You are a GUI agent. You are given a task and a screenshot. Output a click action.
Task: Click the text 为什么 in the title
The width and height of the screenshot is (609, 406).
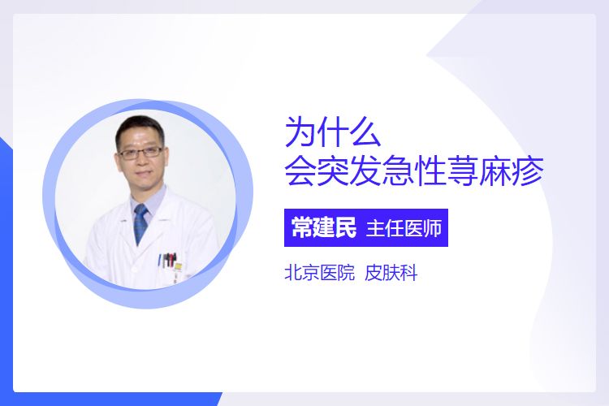click(333, 132)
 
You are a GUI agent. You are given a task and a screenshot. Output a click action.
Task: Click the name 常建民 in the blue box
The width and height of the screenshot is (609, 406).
click(323, 227)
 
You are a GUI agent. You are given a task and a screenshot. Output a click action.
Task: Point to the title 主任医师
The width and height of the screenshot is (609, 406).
click(404, 228)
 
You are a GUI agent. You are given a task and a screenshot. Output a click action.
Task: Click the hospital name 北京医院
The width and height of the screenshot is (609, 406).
click(320, 273)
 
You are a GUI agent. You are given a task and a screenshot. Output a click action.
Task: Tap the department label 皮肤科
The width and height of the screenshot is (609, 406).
click(391, 273)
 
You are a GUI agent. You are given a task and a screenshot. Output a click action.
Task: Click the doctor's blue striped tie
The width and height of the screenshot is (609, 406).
click(140, 224)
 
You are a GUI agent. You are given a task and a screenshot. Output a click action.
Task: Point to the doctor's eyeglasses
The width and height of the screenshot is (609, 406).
click(140, 152)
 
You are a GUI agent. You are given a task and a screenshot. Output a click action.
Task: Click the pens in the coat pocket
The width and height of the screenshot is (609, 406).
click(168, 260)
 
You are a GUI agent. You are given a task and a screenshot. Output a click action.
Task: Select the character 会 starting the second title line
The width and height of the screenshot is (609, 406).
click(301, 171)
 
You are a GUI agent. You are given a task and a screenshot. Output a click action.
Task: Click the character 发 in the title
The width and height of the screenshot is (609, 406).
click(365, 171)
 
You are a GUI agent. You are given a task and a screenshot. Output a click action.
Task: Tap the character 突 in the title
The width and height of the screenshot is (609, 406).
click(333, 171)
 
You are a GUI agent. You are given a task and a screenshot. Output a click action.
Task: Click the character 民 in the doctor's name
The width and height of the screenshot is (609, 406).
click(345, 227)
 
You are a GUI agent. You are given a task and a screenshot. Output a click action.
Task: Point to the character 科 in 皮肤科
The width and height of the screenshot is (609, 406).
click(408, 273)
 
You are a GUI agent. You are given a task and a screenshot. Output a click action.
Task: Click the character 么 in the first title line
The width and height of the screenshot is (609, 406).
click(365, 132)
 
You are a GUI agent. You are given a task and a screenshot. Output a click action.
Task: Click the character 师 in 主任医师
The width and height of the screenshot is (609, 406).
click(433, 228)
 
